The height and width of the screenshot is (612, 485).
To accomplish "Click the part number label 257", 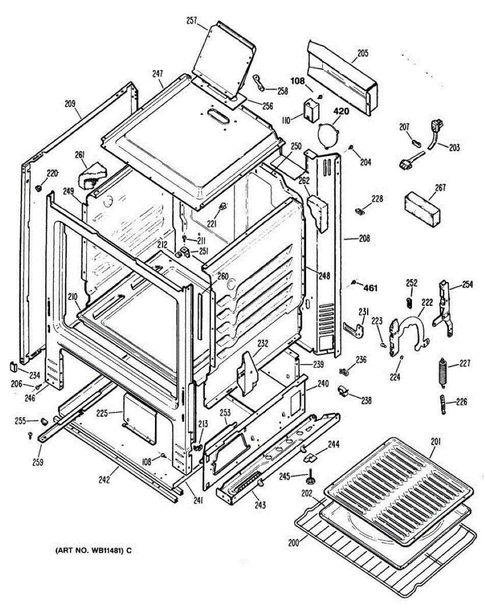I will coord(191,21).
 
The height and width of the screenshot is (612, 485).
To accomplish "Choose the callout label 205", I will coord(363,53).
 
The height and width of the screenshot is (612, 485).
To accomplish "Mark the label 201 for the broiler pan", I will coord(436,442).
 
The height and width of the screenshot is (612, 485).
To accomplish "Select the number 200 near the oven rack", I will coord(293,543).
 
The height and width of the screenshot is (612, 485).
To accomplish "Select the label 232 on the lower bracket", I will coord(262,344).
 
